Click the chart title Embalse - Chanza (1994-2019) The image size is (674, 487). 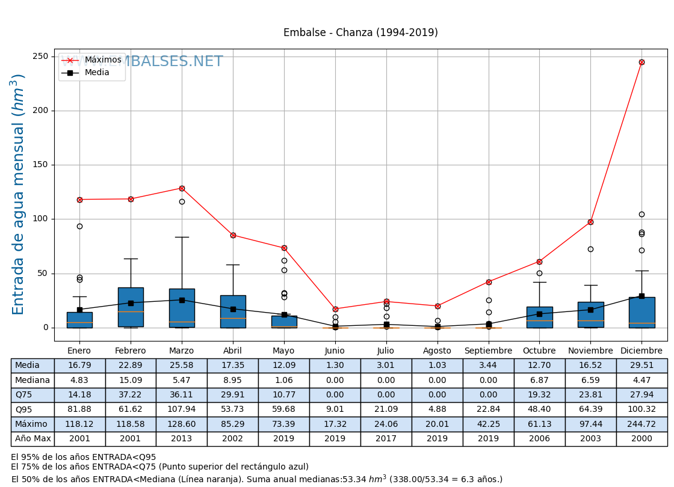click(360, 32)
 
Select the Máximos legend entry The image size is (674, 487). click(102, 60)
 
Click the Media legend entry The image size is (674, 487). click(97, 73)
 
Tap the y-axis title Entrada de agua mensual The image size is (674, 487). click(19, 194)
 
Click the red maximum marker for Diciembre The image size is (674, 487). click(642, 62)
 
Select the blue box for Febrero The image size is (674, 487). click(131, 307)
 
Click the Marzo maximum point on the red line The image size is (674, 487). click(182, 188)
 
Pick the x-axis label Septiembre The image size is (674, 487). click(488, 351)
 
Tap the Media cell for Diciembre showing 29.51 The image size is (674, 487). click(642, 366)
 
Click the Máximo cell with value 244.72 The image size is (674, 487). click(642, 424)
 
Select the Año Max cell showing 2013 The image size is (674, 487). click(182, 439)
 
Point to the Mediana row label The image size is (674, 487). click(32, 380)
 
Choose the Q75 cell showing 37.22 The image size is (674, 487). click(131, 395)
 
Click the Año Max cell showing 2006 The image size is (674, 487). click(539, 439)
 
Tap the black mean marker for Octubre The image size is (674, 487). click(539, 314)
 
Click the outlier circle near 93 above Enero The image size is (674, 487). click(79, 226)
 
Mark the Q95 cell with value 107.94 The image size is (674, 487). click(182, 409)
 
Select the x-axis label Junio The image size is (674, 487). click(335, 351)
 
